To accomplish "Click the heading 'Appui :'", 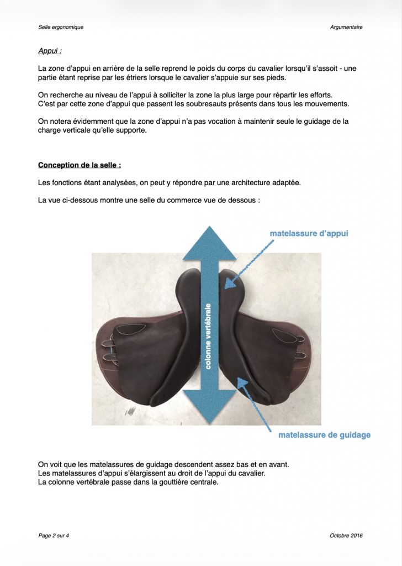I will [x=50, y=51].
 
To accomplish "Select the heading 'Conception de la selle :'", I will [x=80, y=165].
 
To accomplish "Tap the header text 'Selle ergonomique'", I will [x=61, y=27].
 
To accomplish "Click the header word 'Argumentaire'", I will [x=346, y=27].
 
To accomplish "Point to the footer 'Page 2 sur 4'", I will [x=54, y=535].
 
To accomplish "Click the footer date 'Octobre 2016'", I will [x=346, y=535].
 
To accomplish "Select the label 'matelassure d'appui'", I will [x=309, y=233].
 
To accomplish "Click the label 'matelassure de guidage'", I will [x=324, y=435].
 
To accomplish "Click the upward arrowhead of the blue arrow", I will [x=209, y=243].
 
